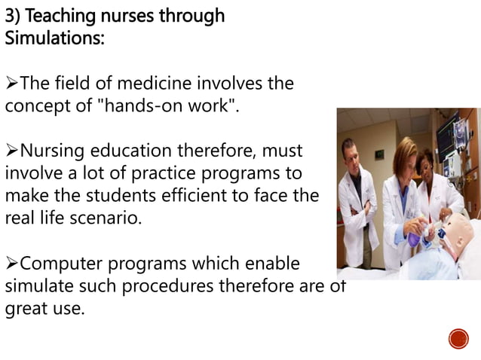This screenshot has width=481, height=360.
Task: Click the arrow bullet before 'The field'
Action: coord(11,83)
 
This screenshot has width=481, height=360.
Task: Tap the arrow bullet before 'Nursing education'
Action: coord(11,149)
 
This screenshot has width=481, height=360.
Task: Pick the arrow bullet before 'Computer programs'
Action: coord(11,264)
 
